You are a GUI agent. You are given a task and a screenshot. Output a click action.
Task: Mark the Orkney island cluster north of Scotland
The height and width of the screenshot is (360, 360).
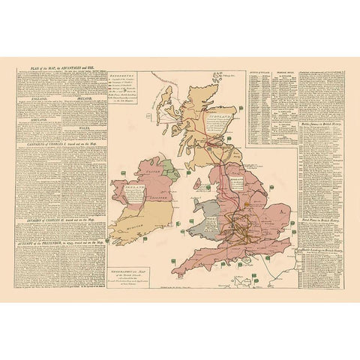[x=219, y=76]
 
